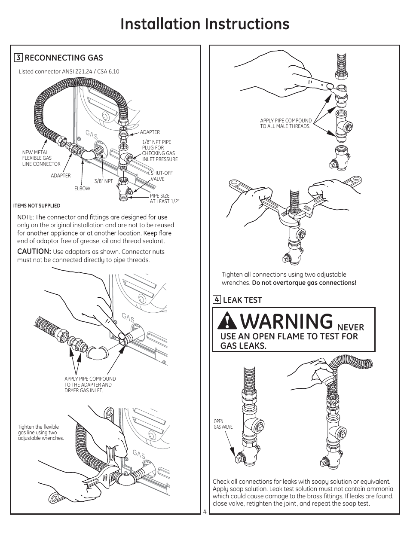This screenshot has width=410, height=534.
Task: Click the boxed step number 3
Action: (x=18, y=58)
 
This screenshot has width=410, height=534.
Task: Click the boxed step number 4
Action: (x=217, y=299)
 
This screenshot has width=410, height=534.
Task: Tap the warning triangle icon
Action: (x=227, y=320)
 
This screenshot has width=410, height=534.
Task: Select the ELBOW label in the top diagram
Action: (x=83, y=189)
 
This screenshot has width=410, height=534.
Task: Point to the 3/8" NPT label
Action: (x=104, y=181)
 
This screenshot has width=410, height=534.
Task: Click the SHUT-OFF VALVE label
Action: (x=162, y=176)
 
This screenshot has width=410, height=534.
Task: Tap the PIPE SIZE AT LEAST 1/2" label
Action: (x=165, y=198)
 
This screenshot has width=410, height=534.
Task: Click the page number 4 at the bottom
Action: (x=205, y=512)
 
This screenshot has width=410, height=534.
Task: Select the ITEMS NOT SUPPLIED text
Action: (x=37, y=206)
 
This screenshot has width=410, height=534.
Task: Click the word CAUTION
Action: (x=34, y=251)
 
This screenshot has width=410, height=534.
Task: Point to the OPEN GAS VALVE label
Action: (x=223, y=424)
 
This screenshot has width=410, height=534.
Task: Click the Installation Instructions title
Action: (x=205, y=24)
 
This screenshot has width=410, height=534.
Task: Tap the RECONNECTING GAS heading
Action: (x=64, y=58)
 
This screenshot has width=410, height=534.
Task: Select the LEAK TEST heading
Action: (x=242, y=300)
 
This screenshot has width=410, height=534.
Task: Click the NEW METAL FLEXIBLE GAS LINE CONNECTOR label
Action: (x=41, y=158)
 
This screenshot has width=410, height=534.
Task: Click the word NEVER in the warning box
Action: (x=351, y=328)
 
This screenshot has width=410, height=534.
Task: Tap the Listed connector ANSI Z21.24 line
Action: (x=69, y=71)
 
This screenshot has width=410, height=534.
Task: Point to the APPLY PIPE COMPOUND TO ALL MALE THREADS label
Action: (x=286, y=123)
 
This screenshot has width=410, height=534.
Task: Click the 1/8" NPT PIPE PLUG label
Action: (x=160, y=151)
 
